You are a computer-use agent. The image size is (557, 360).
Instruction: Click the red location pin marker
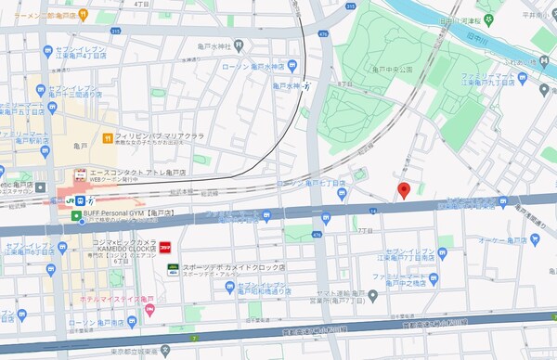click(x=404, y=190)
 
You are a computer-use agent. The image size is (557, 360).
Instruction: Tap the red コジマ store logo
click(x=165, y=247)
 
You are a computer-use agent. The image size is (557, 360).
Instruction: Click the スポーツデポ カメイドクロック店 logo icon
click(x=173, y=268)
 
